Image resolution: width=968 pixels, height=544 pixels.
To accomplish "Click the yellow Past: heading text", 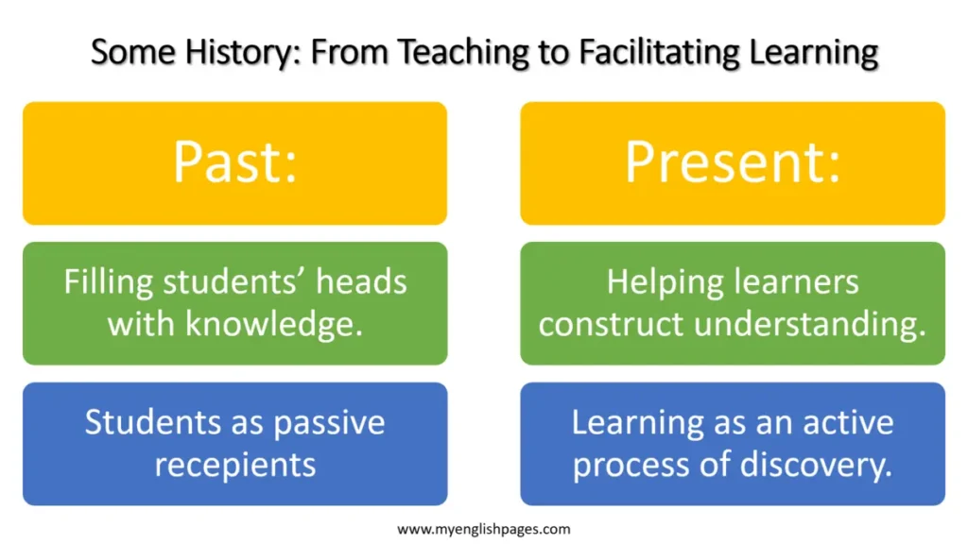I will click(234, 162).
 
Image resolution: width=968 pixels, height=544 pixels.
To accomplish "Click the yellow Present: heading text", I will click(733, 162).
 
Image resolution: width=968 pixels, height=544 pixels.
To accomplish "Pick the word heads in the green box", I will click(361, 282).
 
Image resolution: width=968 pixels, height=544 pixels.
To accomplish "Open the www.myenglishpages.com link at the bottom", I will click(483, 530).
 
